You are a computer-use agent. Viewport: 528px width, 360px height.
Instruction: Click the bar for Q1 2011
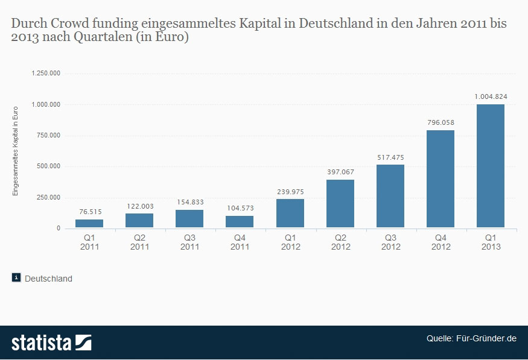coord(89,224)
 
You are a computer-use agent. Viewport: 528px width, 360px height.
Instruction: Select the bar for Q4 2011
coord(240,222)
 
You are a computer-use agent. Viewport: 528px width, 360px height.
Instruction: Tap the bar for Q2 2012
coord(340,204)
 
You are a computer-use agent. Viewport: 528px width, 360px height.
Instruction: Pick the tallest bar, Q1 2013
coord(490,166)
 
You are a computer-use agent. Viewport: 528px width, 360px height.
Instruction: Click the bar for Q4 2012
coord(440,179)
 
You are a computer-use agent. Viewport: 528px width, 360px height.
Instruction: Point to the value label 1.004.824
coord(490,96)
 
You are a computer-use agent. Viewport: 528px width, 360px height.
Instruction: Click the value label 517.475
coord(390,157)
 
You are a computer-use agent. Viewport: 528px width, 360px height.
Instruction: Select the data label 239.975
coord(290,192)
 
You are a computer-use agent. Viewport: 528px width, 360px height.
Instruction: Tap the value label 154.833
coord(189,202)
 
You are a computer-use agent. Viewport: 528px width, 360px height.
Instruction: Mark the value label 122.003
coord(139,206)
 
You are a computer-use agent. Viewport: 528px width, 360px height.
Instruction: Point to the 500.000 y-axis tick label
coord(49,166)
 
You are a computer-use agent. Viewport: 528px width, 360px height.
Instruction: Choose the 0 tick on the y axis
coord(59,229)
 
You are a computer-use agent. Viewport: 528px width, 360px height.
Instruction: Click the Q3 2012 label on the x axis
coord(390,242)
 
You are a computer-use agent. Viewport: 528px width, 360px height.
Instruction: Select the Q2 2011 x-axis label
coord(139,242)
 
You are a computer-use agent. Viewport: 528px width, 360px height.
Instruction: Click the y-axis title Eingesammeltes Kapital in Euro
coord(16,151)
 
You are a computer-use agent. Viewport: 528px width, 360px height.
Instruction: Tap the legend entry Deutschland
coord(48,279)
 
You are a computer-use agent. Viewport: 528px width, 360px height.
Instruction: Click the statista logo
coord(51,343)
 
